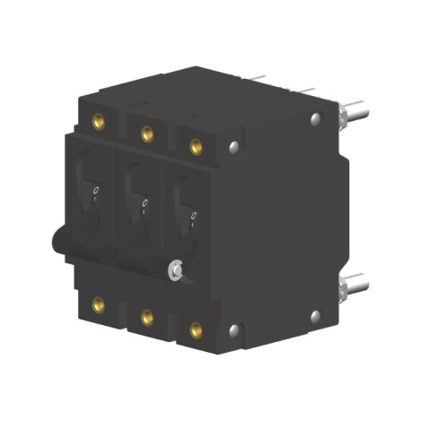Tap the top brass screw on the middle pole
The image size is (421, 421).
(146, 134)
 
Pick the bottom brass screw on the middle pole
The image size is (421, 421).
(146, 316)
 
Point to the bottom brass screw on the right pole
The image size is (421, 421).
(196, 329)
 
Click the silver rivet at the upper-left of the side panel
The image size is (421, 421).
(234, 146)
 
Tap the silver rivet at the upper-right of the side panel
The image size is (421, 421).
(315, 118)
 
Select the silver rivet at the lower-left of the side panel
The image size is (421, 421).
(234, 329)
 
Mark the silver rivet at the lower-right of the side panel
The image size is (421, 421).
(315, 315)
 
